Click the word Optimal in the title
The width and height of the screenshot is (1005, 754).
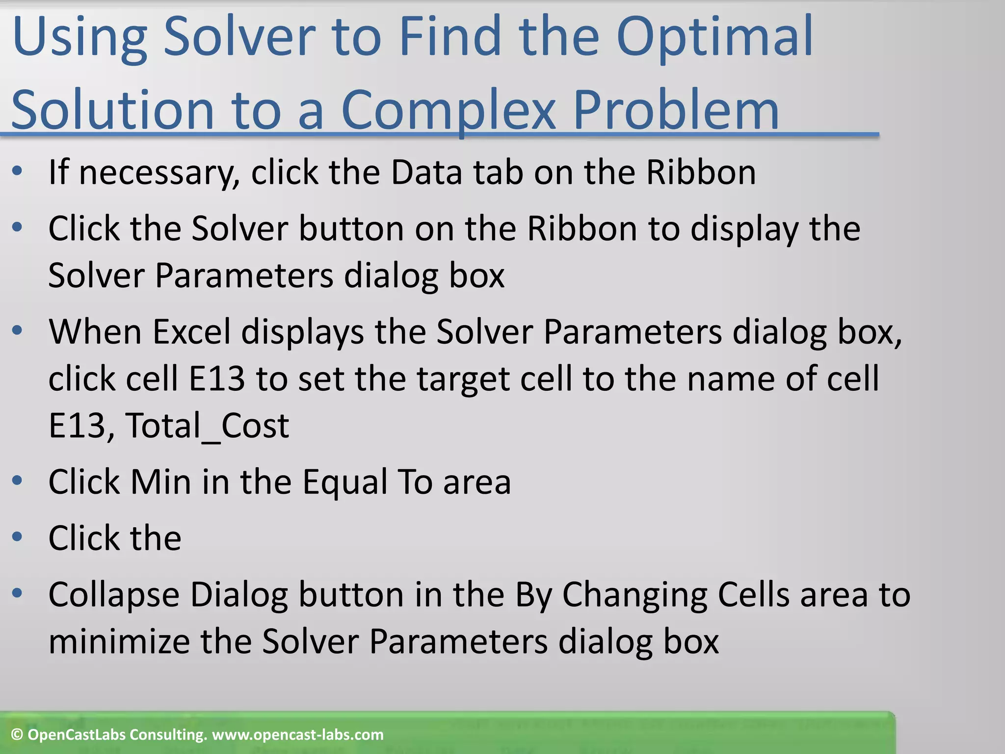coord(714,38)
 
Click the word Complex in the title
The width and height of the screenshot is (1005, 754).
coord(448,110)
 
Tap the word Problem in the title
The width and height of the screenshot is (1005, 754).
coord(676,110)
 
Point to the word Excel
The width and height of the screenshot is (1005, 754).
coord(191,332)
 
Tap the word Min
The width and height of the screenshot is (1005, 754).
coord(160,482)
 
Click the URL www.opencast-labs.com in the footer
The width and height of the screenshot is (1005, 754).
coord(297,735)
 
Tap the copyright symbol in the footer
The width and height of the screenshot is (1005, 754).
coord(17,735)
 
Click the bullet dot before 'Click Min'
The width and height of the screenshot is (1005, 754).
coord(17,481)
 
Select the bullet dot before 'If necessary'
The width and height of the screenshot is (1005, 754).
coord(17,171)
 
